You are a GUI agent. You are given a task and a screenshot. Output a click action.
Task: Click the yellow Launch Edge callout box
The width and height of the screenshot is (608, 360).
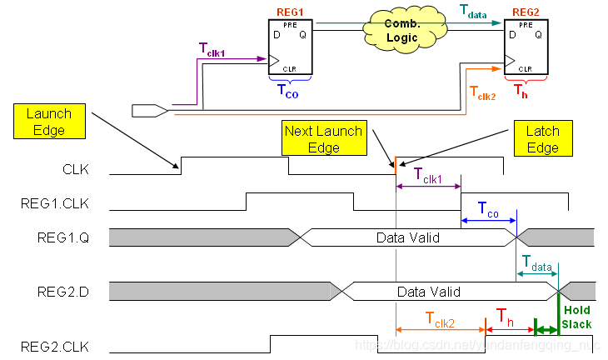pyautogui.click(x=49, y=122)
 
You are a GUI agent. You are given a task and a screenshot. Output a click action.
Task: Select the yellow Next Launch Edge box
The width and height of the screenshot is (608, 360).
pyautogui.click(x=323, y=139)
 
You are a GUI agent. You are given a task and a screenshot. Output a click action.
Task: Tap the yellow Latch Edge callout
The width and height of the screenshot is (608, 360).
pyautogui.click(x=542, y=139)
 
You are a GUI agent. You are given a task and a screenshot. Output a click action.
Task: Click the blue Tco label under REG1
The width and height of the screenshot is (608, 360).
pyautogui.click(x=287, y=88)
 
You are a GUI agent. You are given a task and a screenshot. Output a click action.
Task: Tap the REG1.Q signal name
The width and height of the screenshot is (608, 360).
pyautogui.click(x=60, y=237)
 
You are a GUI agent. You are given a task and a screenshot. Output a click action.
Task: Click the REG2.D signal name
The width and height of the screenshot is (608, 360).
pyautogui.click(x=60, y=292)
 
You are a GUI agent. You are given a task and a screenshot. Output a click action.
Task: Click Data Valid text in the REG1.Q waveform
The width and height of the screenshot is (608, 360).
pyautogui.click(x=406, y=237)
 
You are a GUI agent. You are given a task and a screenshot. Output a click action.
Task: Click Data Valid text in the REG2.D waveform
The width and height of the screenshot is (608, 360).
pyautogui.click(x=428, y=292)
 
